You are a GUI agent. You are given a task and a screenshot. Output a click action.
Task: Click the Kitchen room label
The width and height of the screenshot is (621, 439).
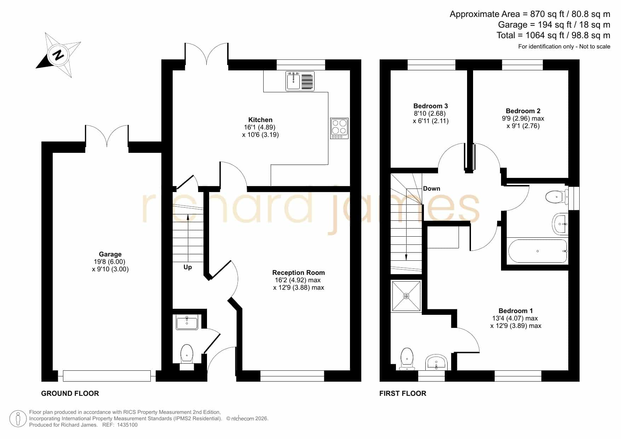[260, 120]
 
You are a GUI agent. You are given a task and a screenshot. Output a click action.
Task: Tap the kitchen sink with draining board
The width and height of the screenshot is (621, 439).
[300, 81]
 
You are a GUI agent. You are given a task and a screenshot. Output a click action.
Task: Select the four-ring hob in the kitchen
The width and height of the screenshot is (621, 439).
[339, 128]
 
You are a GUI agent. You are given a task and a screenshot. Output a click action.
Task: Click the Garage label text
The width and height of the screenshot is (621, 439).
[110, 254]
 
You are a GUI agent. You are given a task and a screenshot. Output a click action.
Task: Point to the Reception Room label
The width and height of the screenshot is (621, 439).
[298, 273]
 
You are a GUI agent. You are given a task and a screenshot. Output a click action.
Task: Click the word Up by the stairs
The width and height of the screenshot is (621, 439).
[188, 267]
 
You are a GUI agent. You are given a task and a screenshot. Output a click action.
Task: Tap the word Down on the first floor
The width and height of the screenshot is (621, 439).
[432, 189]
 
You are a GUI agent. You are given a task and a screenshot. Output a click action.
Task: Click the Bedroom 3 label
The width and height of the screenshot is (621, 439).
[431, 106]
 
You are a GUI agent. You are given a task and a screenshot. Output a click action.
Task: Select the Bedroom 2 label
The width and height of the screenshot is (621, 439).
[523, 111]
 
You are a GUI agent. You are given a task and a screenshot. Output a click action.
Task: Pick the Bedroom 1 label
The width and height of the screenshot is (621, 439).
[516, 311]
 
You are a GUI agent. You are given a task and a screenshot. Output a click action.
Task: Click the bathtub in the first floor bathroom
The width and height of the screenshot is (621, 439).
[537, 251]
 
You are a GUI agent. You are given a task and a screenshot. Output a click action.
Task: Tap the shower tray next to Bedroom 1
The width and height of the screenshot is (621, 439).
[406, 296]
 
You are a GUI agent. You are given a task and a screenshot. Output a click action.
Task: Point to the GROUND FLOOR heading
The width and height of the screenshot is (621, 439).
[70, 393]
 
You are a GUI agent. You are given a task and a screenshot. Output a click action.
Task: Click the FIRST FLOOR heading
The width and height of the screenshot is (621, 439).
[403, 393]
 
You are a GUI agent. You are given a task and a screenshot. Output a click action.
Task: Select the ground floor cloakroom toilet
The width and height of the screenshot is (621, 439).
[187, 354]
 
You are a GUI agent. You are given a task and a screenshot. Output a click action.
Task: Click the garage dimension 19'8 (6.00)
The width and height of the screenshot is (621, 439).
[109, 262]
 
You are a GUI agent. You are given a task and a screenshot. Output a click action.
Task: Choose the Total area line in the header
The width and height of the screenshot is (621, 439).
[553, 35]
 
